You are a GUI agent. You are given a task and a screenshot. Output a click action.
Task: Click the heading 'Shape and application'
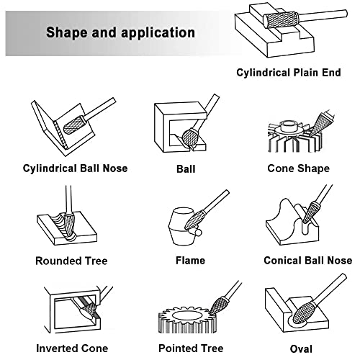(x=120, y=32)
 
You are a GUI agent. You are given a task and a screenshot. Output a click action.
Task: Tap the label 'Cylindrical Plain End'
(x=289, y=73)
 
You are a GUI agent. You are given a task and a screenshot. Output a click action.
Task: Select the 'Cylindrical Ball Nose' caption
(x=75, y=168)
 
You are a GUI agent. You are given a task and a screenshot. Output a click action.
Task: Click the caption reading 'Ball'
(x=186, y=169)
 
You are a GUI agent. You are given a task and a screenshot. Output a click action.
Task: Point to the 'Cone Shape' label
(x=299, y=168)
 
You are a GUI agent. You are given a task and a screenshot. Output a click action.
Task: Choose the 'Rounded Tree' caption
(x=71, y=261)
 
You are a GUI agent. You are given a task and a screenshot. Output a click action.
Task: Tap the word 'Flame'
(x=190, y=261)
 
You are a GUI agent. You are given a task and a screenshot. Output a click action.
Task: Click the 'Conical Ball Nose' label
(x=308, y=261)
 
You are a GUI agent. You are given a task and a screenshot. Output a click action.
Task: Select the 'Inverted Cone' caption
(x=72, y=348)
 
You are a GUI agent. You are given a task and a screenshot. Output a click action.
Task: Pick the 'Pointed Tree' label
(x=191, y=348)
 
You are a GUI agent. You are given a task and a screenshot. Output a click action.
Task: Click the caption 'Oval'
(x=301, y=349)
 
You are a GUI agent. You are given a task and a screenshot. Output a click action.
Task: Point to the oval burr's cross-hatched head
(x=304, y=312)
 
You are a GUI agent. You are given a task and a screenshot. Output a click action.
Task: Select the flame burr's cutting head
(x=194, y=220)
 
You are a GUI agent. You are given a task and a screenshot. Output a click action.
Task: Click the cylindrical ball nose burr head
(x=74, y=125)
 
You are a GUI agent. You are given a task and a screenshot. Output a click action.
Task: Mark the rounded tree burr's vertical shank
(x=68, y=199)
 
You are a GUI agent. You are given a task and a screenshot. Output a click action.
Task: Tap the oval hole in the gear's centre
(x=186, y=316)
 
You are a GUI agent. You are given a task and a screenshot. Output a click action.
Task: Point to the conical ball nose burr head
(x=310, y=212)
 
